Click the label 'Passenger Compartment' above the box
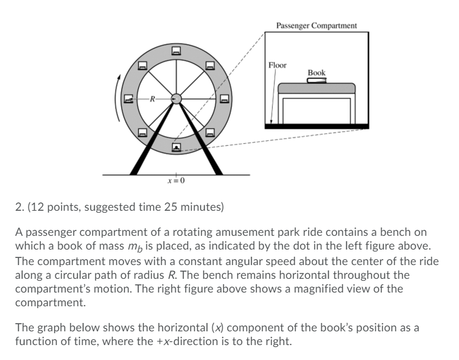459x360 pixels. [x=316, y=26]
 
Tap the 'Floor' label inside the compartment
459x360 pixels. [x=278, y=65]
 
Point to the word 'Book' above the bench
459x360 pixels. [x=316, y=73]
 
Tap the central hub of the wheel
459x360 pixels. [x=176, y=99]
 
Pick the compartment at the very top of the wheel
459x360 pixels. [x=176, y=51]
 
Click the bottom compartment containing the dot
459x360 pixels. [x=176, y=146]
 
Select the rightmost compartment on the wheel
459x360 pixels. [x=224, y=99]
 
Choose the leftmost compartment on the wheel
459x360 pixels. [x=128, y=99]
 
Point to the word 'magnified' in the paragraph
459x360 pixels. [x=337, y=289]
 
